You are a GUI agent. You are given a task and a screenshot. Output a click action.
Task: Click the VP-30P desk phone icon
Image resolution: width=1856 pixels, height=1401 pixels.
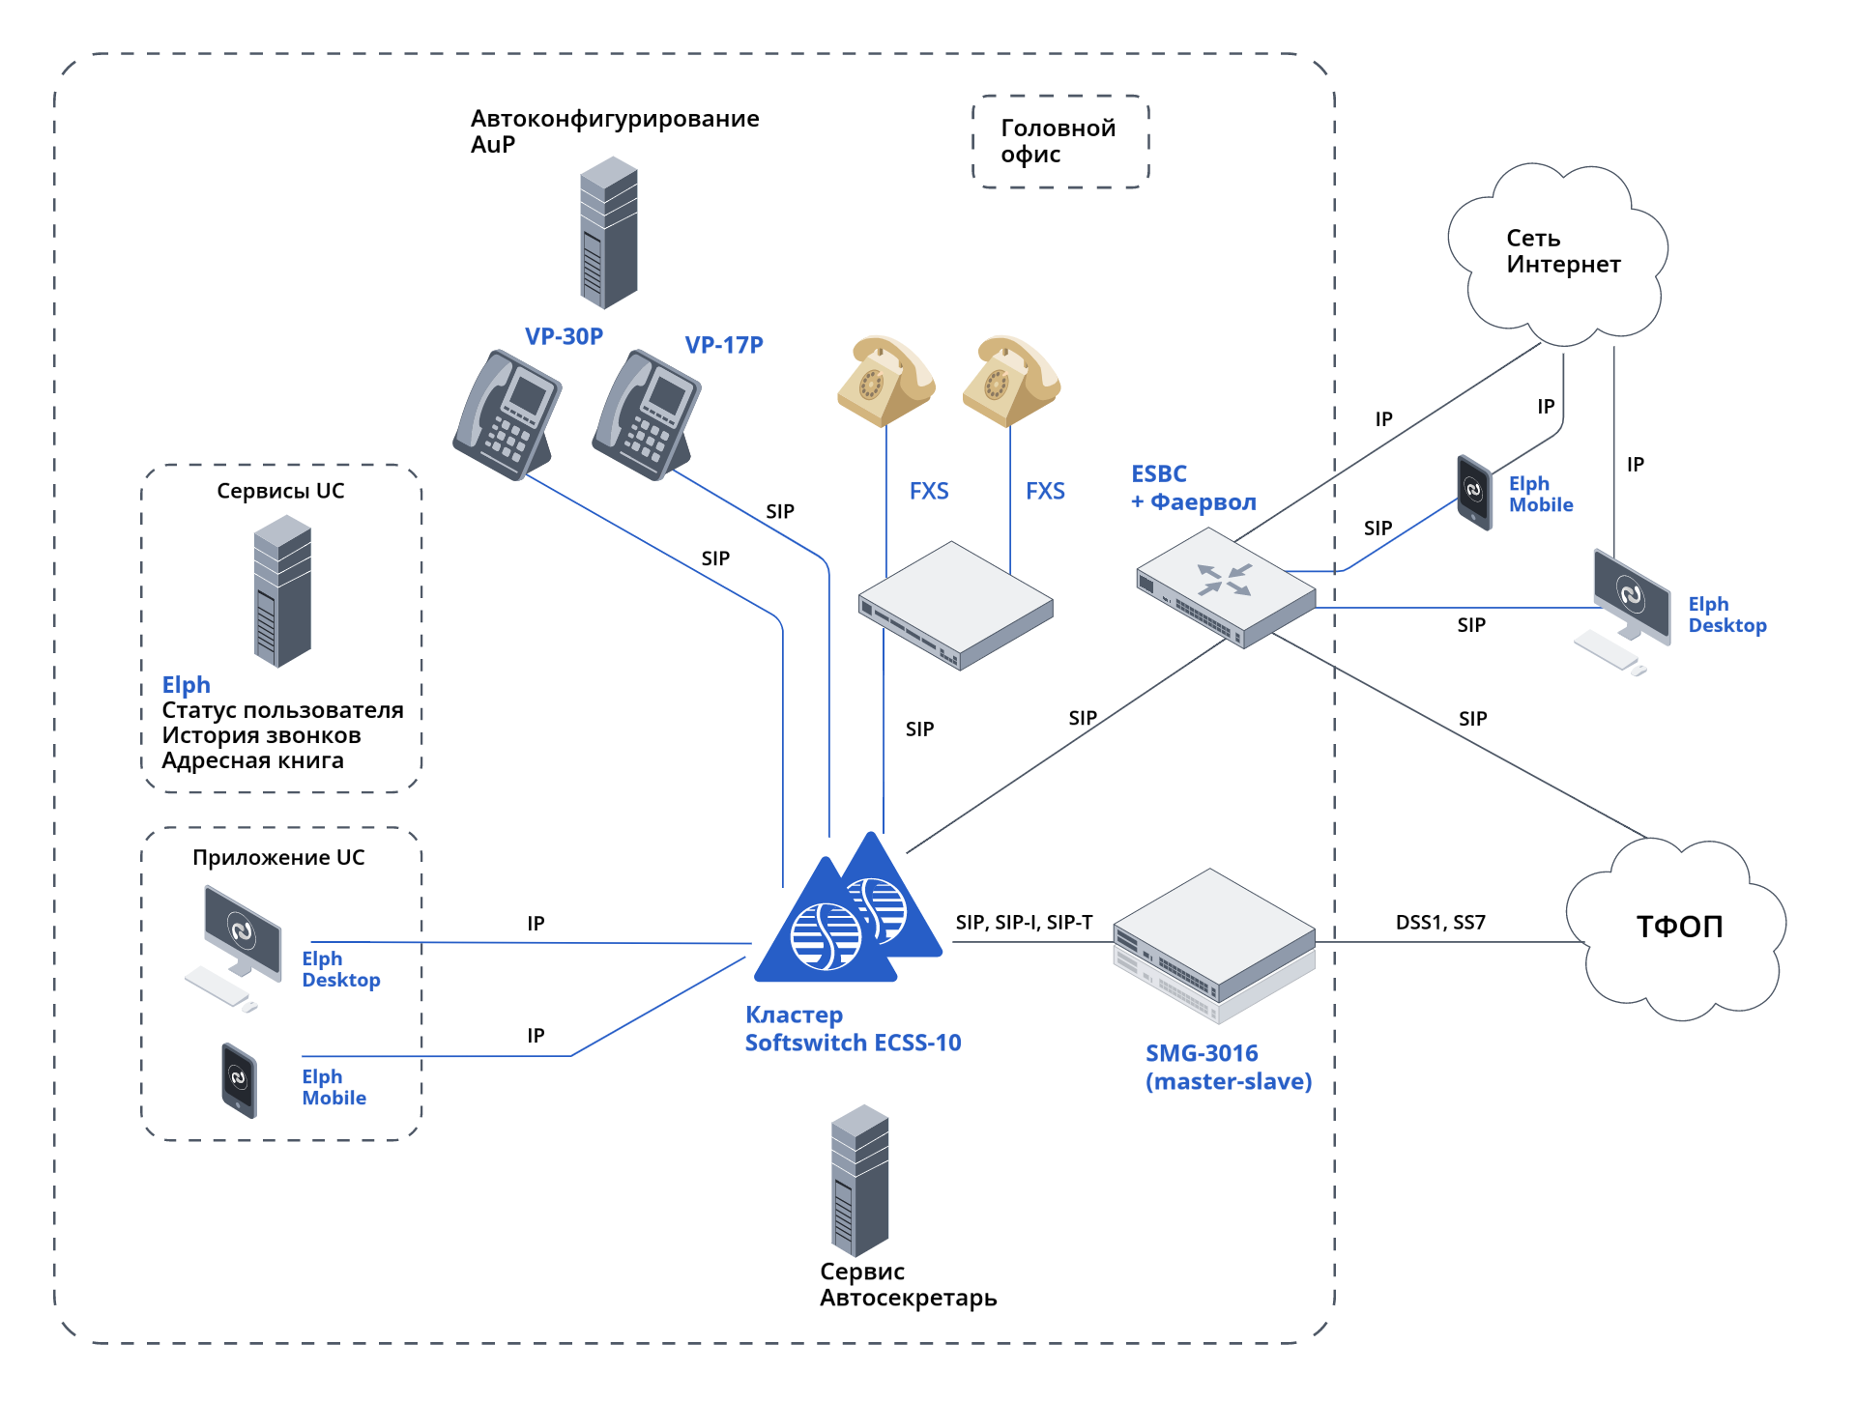(x=507, y=415)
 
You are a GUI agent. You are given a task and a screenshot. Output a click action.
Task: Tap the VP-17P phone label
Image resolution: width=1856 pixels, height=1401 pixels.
(x=724, y=345)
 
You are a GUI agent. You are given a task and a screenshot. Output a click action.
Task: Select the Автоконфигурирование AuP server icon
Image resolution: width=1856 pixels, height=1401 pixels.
(x=608, y=233)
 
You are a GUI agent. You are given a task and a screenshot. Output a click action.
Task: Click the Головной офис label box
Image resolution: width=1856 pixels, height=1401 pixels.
(x=1060, y=141)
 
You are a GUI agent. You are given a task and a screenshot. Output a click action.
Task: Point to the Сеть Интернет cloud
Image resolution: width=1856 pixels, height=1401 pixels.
(x=1559, y=253)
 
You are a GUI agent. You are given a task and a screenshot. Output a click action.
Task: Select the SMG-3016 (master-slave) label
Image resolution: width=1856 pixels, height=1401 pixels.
(x=1228, y=1068)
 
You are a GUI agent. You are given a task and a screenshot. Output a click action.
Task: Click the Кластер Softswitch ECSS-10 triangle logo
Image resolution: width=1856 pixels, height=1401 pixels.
(x=849, y=913)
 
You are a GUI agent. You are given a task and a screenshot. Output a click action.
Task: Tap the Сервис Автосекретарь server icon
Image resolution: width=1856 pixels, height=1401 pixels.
(x=859, y=1181)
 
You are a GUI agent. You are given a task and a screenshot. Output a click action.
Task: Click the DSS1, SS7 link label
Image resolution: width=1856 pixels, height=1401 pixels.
(x=1440, y=923)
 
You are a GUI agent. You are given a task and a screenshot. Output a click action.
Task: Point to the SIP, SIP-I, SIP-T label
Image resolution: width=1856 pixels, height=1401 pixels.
(x=1024, y=923)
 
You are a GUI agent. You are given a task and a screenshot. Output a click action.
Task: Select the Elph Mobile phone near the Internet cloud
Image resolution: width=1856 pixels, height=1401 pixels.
(x=1474, y=492)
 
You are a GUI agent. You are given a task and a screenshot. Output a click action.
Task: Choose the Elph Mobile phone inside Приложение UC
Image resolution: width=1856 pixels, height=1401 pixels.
(x=239, y=1079)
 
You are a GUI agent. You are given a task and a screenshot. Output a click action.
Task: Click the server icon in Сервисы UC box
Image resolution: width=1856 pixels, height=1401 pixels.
(x=282, y=591)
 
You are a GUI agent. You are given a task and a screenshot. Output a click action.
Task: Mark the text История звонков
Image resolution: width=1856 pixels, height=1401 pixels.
(x=261, y=735)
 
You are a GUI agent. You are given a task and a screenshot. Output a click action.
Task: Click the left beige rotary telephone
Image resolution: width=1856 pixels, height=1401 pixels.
(x=884, y=382)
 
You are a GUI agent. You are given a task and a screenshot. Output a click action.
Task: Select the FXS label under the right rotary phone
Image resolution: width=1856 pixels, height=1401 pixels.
(x=1045, y=491)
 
